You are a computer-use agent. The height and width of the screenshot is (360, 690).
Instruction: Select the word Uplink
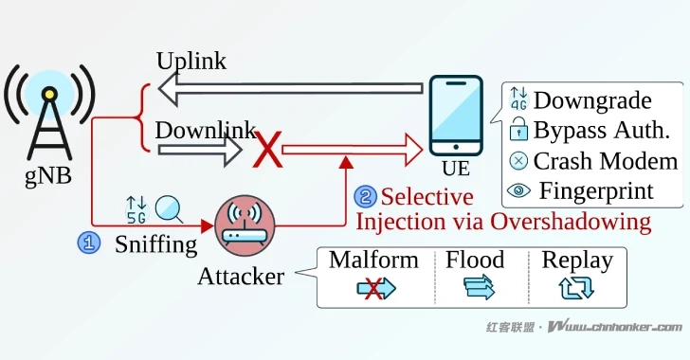191,61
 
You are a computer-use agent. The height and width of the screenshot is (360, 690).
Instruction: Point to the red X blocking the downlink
270,149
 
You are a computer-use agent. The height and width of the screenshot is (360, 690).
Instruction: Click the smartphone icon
456,117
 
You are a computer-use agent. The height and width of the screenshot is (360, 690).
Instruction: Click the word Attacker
241,277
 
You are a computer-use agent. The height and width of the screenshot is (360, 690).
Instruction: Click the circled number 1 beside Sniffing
88,243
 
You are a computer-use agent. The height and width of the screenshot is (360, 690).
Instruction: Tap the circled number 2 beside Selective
364,197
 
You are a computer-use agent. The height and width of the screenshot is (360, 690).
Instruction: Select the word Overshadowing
575,223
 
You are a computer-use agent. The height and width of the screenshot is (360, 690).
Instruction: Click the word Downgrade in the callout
592,100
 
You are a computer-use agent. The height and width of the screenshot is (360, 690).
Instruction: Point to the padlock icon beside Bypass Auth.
518,131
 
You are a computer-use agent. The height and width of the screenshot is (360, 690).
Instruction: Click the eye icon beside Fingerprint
518,190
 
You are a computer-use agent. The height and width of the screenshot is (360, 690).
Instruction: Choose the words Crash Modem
606,160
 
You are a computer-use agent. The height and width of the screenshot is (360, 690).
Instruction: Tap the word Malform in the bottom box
373,260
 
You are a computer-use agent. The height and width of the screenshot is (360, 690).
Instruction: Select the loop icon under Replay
577,289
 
